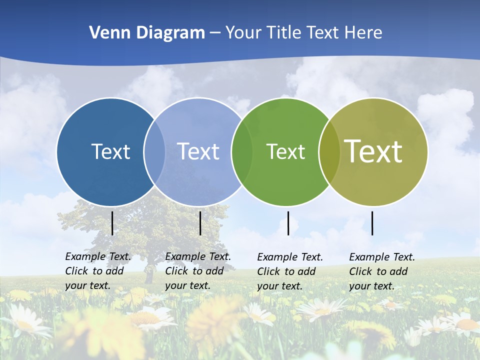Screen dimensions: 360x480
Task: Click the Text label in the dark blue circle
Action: (x=110, y=151)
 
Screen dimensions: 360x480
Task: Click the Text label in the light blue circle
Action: (x=198, y=151)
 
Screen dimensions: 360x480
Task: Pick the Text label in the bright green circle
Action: (x=285, y=152)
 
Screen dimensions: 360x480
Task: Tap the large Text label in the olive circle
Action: (x=373, y=151)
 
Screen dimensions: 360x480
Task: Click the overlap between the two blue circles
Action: (x=154, y=151)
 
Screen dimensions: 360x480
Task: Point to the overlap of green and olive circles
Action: (x=329, y=151)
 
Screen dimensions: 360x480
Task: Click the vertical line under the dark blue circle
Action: (x=112, y=223)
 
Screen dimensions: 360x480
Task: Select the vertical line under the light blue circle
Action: (x=200, y=223)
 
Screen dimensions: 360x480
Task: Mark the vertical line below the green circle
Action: (x=288, y=223)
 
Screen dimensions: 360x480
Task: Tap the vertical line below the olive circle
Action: (x=372, y=223)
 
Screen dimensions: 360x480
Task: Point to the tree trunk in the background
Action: (x=149, y=272)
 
